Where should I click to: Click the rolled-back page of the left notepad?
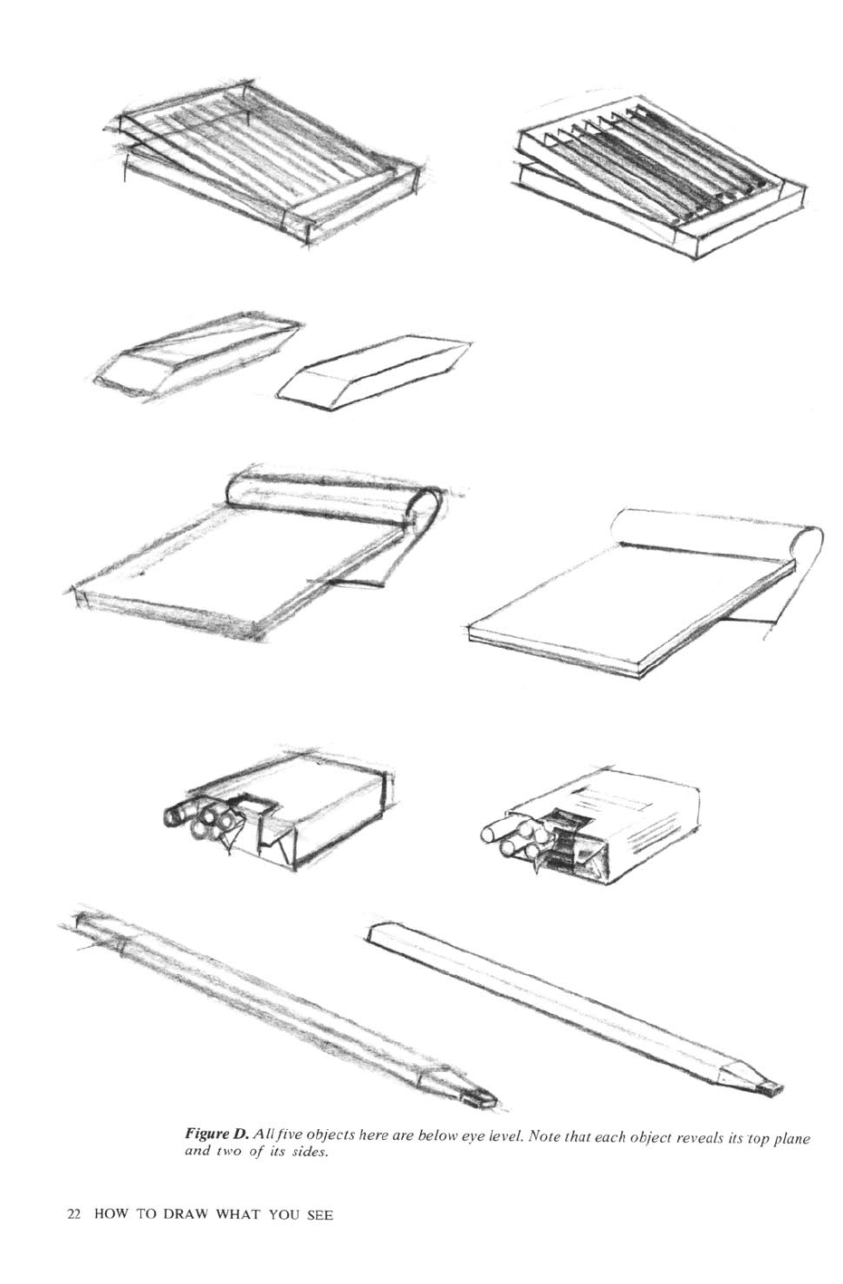(335, 497)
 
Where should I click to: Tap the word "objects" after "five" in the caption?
(329, 1135)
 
